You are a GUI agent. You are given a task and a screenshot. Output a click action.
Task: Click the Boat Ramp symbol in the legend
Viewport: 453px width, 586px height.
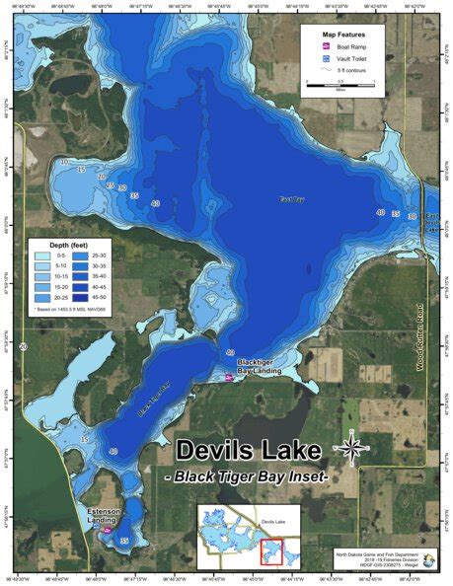point(324,46)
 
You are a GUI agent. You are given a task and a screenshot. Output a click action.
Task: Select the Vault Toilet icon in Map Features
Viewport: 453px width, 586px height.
point(324,58)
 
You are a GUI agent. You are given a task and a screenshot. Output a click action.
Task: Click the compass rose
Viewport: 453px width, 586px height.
point(350,449)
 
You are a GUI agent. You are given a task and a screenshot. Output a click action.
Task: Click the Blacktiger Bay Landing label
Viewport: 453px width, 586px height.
point(260,367)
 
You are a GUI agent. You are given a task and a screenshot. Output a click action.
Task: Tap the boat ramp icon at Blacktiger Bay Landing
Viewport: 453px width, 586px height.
point(228,375)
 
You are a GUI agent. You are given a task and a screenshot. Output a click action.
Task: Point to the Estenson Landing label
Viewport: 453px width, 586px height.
point(103,514)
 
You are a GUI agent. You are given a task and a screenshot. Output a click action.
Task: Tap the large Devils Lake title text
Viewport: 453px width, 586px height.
point(249,452)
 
